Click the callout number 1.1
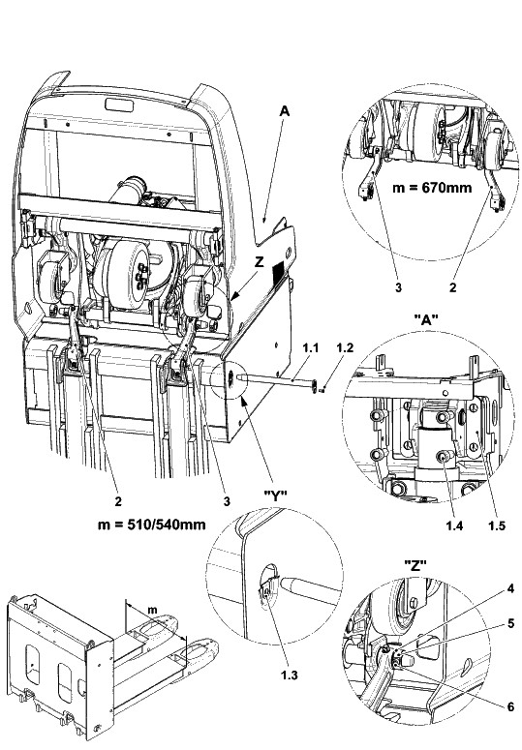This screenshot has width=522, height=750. point(310,348)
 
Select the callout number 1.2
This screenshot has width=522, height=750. point(345,348)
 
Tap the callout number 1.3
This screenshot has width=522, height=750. point(290,675)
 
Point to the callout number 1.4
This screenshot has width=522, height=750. point(454,526)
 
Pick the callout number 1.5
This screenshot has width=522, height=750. point(496,526)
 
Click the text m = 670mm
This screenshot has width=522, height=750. point(432,188)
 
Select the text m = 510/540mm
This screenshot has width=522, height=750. point(152,525)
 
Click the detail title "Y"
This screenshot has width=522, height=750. point(276,498)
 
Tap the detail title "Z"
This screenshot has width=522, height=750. point(415,566)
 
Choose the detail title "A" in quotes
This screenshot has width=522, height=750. point(425,319)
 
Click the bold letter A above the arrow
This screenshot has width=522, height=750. point(285,111)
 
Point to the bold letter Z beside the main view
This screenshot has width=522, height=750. point(259,262)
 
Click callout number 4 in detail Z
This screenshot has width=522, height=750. point(510,588)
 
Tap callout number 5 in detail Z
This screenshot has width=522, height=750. point(510,623)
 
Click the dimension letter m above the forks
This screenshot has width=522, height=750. point(152,610)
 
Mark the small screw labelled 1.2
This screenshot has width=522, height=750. point(322,391)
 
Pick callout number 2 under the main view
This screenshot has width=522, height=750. point(118,501)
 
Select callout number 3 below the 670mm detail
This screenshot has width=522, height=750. point(398,287)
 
